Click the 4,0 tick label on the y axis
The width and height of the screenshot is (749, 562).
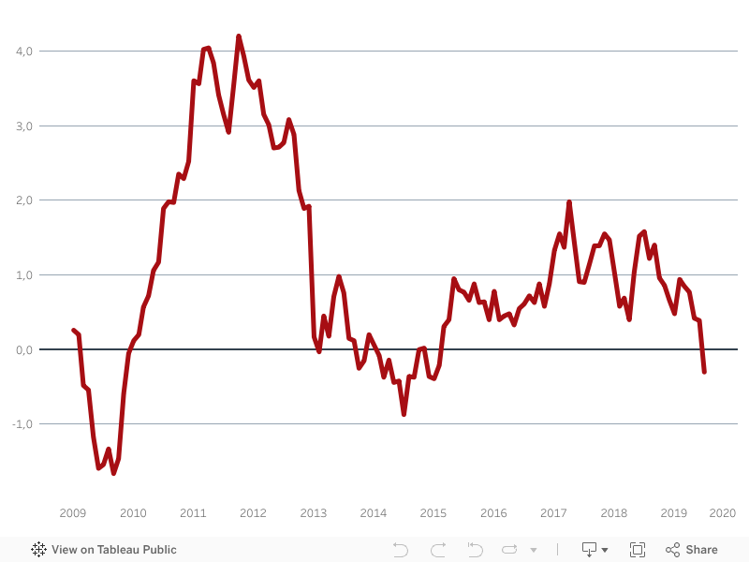(23, 51)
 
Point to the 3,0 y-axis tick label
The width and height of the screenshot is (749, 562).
(23, 126)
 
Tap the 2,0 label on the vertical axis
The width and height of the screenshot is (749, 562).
(23, 200)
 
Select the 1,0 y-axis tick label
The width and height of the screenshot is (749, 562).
(23, 274)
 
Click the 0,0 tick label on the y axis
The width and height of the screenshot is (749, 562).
(23, 349)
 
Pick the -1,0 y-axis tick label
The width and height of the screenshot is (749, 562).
(22, 423)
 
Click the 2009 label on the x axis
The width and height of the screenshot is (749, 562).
(73, 513)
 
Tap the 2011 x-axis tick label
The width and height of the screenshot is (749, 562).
(193, 513)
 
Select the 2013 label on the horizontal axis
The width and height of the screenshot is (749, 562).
(313, 513)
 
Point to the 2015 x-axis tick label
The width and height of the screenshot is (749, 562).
(433, 513)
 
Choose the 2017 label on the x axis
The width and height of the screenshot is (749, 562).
(553, 513)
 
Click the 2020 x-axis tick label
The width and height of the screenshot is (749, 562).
(722, 513)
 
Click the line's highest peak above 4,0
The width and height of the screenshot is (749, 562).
(239, 37)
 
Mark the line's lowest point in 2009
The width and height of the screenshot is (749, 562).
(114, 473)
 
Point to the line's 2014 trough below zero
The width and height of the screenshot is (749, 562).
(404, 413)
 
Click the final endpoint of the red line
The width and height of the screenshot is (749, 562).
(704, 372)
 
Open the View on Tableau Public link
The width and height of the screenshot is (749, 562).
(104, 550)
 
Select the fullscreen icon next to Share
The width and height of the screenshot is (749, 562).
(638, 550)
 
